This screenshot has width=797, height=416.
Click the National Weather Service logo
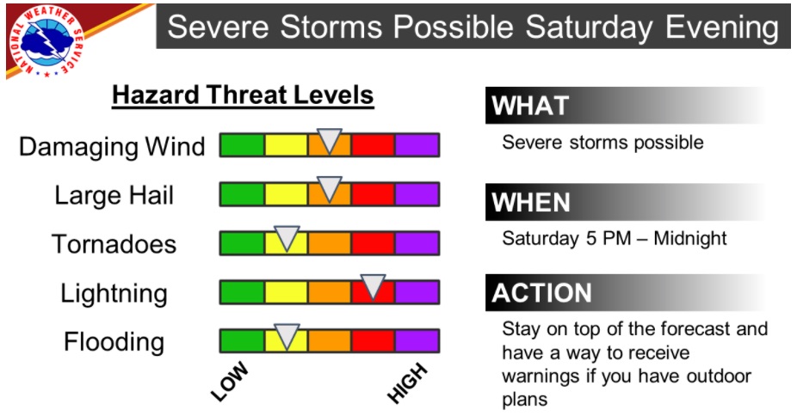46,41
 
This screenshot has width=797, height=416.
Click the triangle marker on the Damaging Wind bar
330,140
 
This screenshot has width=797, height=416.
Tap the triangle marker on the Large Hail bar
330,189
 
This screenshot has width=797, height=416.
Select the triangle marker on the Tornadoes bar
287,238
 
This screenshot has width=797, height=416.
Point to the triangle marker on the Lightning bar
373,286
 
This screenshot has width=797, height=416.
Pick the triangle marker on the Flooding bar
287,336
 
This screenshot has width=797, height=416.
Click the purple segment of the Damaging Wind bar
417,145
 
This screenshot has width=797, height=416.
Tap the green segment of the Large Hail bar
243,194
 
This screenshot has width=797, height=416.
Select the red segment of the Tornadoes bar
373,243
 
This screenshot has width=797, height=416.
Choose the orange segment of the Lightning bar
330,292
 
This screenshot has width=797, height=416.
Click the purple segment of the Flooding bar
417,341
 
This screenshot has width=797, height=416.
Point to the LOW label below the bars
230,382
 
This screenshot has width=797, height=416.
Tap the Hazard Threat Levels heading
243,95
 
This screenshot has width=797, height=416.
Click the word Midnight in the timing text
690,238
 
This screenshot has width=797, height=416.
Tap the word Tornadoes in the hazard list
114,244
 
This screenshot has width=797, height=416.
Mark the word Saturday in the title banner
589,27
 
